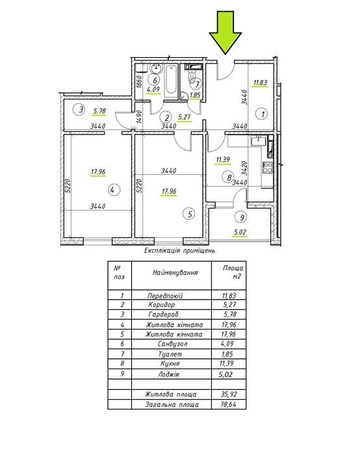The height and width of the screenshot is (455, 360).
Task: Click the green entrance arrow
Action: coord(225,32)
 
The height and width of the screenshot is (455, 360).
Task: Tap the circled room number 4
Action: coord(114,190)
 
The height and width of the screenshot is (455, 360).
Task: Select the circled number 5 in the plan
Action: coord(190,214)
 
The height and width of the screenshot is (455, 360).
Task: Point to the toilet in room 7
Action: coord(192,76)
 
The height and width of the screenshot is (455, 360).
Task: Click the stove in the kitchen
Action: coord(268,168)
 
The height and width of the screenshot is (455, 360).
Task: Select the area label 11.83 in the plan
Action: coord(260,83)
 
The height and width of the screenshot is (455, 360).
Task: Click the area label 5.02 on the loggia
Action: coord(240,233)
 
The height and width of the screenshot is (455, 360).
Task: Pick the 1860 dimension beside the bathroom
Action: coord(138,82)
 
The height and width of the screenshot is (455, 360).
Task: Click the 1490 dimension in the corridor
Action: coord(138,116)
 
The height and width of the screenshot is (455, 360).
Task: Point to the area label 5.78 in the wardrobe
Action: coord(99,111)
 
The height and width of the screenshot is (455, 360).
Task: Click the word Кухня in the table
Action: coord(170,363)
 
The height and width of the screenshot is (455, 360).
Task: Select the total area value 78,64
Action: coord(229,404)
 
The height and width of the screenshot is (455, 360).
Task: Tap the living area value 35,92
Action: coord(229,394)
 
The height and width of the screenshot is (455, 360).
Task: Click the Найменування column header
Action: coord(175,272)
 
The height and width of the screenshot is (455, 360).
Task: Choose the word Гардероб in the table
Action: coord(163,314)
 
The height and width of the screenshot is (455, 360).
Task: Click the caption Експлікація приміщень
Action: coord(179,250)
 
